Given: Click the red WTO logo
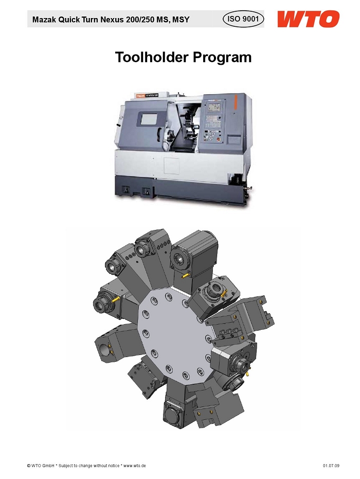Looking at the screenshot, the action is click(308, 19).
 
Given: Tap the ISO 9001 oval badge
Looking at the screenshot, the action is click(243, 19).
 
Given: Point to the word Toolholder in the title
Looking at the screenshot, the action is click(151, 57).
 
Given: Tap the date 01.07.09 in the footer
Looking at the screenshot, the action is click(331, 466).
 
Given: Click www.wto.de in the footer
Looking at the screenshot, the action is click(134, 466).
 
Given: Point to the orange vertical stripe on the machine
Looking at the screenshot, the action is click(236, 103).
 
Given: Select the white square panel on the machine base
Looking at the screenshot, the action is click(171, 166).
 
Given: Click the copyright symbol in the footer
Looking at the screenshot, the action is click(29, 466).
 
